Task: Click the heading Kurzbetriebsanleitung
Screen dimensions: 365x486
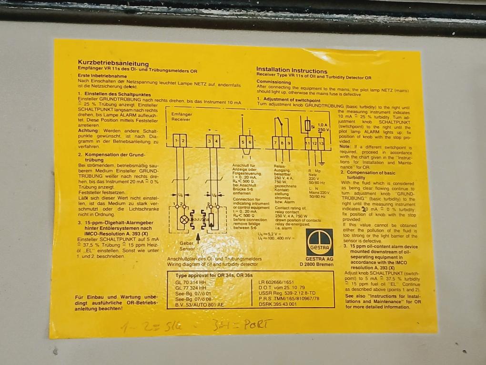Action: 113,63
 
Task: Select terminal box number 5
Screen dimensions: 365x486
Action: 242,142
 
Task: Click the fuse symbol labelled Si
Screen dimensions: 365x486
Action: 307,126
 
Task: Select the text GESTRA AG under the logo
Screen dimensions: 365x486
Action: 319,260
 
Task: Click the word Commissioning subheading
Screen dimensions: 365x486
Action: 275,81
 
